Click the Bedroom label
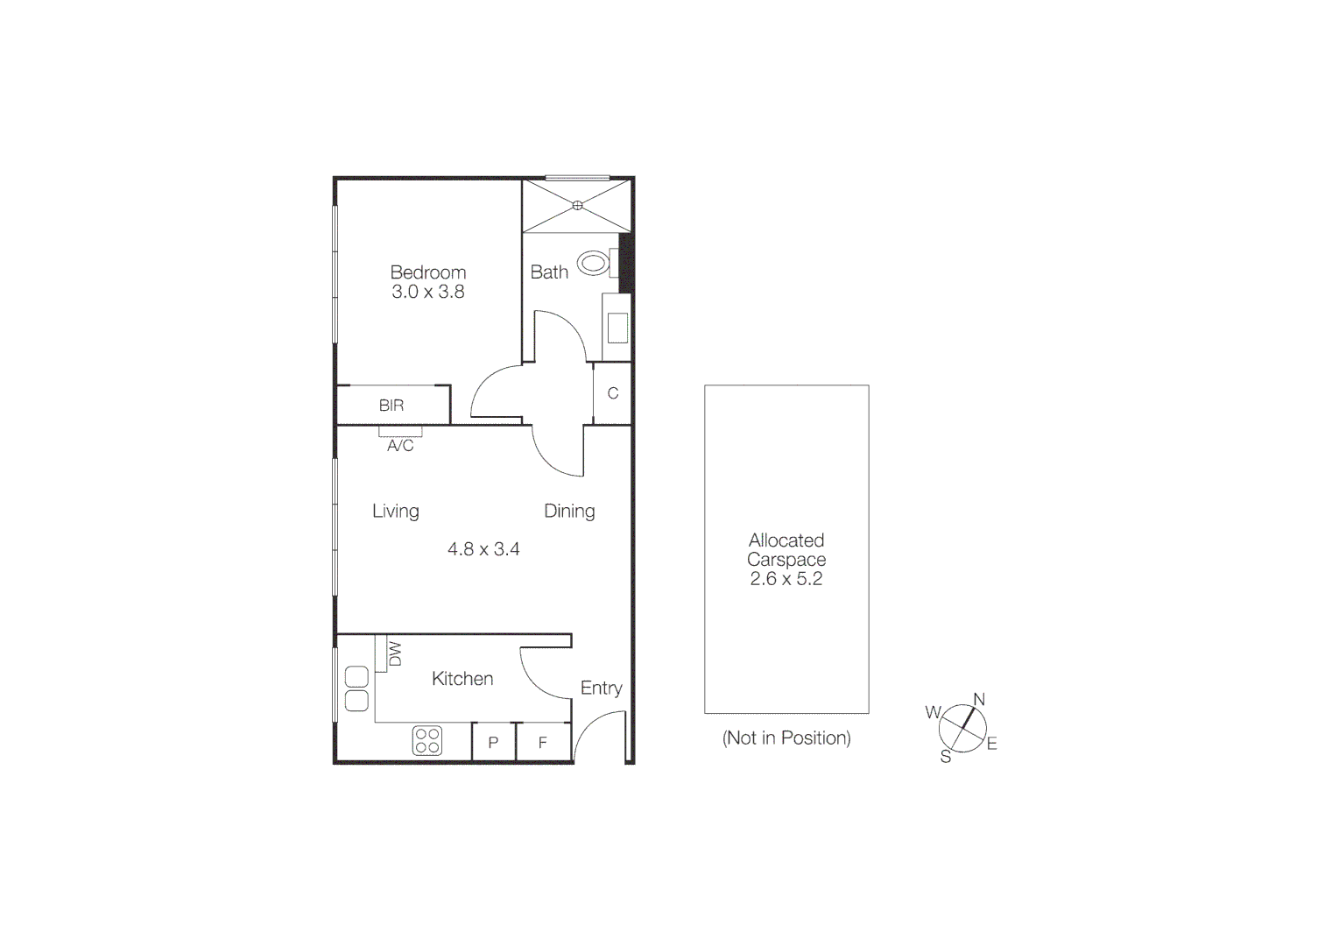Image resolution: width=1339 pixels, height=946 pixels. click(x=427, y=272)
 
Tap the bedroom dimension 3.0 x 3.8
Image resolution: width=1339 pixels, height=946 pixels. click(x=427, y=293)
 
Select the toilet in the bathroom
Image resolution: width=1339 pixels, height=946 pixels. click(x=595, y=262)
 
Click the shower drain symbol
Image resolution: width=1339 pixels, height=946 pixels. click(x=577, y=206)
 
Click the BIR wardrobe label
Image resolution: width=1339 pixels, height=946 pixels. click(x=391, y=406)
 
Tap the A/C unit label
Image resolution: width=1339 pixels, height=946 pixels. click(x=400, y=446)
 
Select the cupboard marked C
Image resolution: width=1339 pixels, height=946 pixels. click(x=613, y=393)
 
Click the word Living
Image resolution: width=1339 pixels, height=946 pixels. click(x=395, y=511)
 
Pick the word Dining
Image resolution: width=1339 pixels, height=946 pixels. click(x=569, y=511)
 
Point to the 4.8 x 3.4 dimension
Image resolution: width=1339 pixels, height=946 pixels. click(x=483, y=549)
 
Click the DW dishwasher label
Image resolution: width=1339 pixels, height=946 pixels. click(x=394, y=653)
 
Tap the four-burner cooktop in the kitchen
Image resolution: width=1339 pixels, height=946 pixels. click(x=427, y=740)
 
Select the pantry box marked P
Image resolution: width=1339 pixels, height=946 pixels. click(x=493, y=743)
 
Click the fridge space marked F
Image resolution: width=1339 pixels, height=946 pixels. click(x=543, y=743)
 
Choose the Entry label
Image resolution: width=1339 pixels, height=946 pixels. click(x=601, y=688)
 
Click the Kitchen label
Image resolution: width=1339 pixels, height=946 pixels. click(x=462, y=679)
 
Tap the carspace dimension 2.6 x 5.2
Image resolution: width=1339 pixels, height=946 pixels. click(x=786, y=579)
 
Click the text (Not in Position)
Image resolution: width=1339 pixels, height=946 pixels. click(x=786, y=738)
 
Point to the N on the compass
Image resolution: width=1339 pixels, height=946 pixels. click(x=979, y=699)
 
